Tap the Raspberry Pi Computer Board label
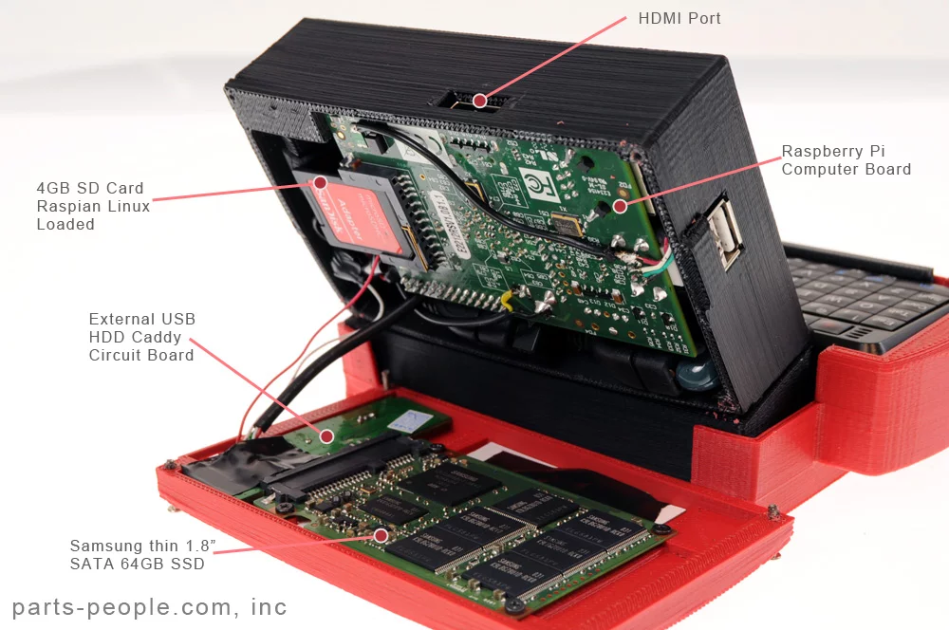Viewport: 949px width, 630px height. (x=846, y=160)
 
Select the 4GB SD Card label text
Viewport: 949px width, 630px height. (x=93, y=206)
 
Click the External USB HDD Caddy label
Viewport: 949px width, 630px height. (x=141, y=337)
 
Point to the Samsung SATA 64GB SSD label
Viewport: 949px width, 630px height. (x=137, y=554)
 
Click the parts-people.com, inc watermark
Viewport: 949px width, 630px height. (x=149, y=607)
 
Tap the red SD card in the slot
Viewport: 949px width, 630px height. (x=356, y=215)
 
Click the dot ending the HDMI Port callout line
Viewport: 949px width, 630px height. (x=480, y=100)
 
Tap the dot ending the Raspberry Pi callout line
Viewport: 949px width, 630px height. (x=620, y=204)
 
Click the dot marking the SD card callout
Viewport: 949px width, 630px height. (x=321, y=181)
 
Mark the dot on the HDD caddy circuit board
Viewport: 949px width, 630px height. (x=326, y=435)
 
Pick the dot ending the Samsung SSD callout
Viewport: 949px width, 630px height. (x=381, y=535)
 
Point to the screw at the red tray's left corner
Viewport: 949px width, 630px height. (x=170, y=466)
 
